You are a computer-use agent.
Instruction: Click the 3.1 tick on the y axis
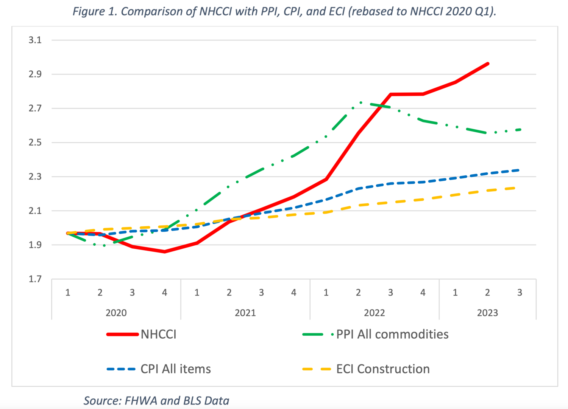[x=35, y=40]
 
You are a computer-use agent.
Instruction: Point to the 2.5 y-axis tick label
[x=35, y=143]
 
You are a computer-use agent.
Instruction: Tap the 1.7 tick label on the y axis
[x=35, y=279]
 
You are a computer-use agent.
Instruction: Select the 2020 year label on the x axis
[x=116, y=313]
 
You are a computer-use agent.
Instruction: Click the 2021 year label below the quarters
[x=245, y=313]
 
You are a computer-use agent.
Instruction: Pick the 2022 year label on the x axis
[x=374, y=313]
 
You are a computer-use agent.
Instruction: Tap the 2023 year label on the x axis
[x=487, y=313]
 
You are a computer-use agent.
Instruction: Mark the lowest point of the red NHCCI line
[x=165, y=251]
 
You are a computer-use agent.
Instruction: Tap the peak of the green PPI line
[x=360, y=102]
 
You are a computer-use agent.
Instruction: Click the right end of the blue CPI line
[x=519, y=170]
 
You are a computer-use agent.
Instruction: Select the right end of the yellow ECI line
[x=514, y=188]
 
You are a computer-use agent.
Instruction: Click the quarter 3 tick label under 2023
[x=520, y=293]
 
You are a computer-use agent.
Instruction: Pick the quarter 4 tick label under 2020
[x=165, y=293]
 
